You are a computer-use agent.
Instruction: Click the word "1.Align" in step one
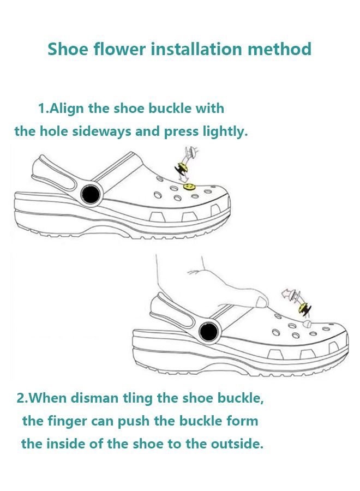[61, 108]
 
